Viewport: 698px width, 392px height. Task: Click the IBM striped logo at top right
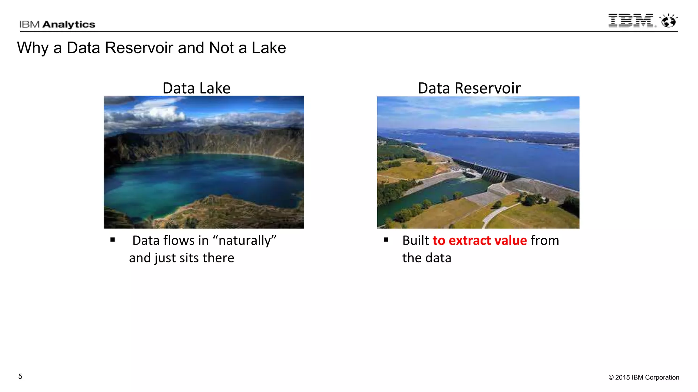point(631,21)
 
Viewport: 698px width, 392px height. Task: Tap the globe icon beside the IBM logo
point(668,21)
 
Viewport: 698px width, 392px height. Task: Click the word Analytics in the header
point(69,24)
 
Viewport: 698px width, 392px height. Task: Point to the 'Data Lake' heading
point(196,88)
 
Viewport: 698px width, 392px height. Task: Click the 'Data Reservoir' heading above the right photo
point(469,88)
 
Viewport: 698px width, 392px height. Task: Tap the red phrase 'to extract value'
point(480,241)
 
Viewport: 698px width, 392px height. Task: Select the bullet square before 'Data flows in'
point(113,240)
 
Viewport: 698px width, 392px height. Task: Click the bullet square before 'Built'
point(386,240)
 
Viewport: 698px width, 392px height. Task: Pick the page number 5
point(20,376)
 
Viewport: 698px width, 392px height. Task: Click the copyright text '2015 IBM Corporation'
point(647,377)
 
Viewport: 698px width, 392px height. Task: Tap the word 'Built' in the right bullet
point(415,241)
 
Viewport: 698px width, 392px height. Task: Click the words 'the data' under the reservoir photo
point(426,258)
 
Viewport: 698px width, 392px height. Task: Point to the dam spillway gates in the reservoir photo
point(494,174)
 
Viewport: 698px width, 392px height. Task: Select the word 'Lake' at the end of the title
point(269,48)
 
